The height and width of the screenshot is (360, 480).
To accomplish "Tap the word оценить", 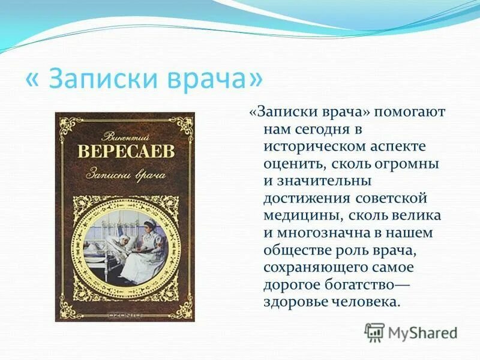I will coord(293,164).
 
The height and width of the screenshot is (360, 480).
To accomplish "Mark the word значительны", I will coord(328,181).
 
